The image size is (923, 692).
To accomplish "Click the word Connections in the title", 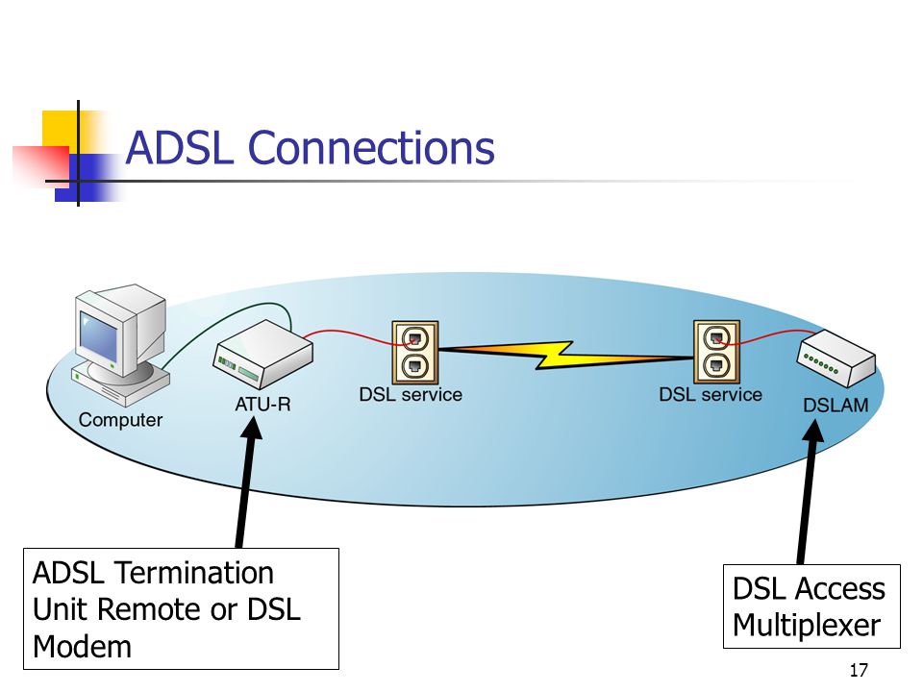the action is click(371, 147).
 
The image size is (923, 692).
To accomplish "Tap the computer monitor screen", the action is click(98, 335).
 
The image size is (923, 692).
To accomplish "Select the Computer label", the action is click(120, 420).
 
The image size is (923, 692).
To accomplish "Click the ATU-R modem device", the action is click(262, 354).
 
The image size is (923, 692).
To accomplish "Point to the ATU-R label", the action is click(262, 405).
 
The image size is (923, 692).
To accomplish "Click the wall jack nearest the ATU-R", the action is click(415, 352).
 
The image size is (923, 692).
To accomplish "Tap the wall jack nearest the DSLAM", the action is click(716, 352).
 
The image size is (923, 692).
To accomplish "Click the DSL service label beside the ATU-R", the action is click(411, 394).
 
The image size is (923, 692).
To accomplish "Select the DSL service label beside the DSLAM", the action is click(711, 394).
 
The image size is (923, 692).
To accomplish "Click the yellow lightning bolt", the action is click(565, 355).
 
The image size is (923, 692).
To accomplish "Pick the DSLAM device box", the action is click(836, 358).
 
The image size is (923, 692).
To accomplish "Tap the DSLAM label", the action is click(836, 406).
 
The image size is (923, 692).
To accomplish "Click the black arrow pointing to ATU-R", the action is click(247, 482).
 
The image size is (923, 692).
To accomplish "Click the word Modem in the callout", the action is click(82, 647).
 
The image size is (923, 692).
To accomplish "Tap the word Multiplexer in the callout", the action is click(807, 625).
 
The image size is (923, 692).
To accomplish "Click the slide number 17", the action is click(859, 670).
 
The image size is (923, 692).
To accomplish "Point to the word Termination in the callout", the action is click(193, 573).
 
